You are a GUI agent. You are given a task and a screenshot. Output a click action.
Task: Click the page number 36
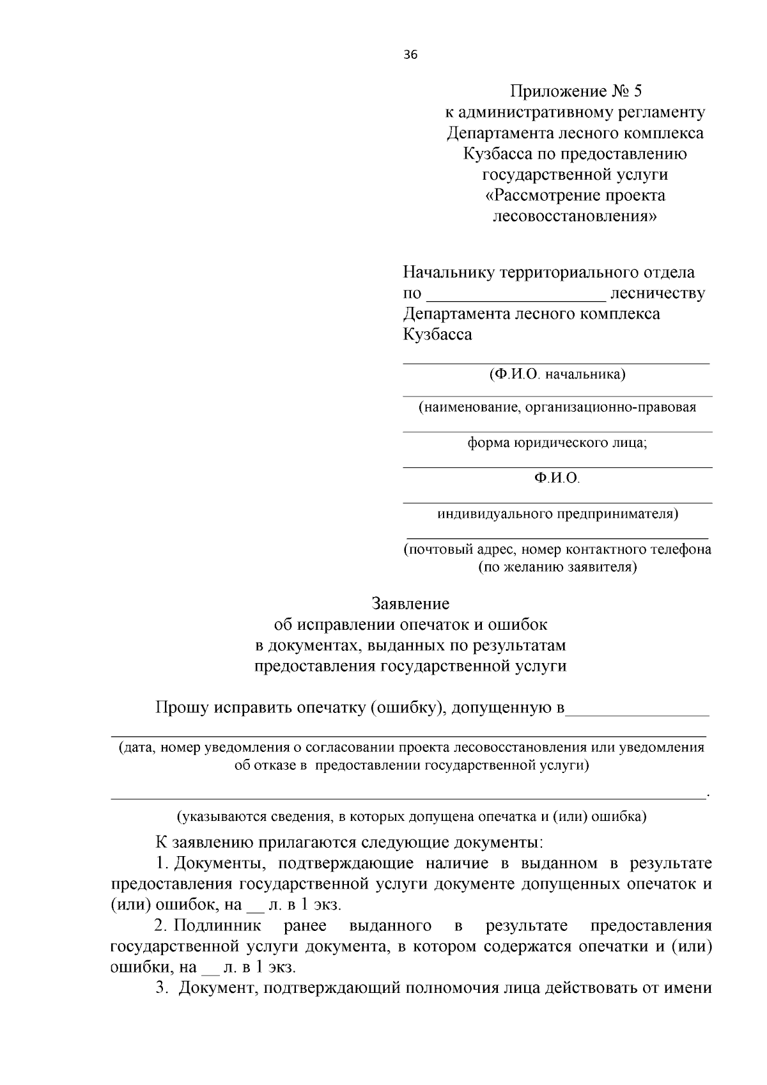point(410,55)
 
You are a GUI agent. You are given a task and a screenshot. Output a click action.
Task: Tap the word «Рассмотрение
point(543,195)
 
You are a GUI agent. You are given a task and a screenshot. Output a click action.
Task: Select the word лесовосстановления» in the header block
point(575,216)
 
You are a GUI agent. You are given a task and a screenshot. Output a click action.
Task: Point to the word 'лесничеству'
point(658,293)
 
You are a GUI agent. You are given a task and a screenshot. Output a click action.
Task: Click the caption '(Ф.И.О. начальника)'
point(557,374)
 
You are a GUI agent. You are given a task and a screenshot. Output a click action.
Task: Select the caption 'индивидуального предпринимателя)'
point(557,513)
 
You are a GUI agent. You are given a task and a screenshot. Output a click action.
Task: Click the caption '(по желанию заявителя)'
point(557,566)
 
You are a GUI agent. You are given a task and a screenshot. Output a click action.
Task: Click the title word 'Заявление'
point(410,604)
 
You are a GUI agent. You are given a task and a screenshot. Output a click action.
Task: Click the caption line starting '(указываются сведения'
point(410,816)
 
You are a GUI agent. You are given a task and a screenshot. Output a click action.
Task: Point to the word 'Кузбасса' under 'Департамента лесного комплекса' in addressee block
point(437,334)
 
